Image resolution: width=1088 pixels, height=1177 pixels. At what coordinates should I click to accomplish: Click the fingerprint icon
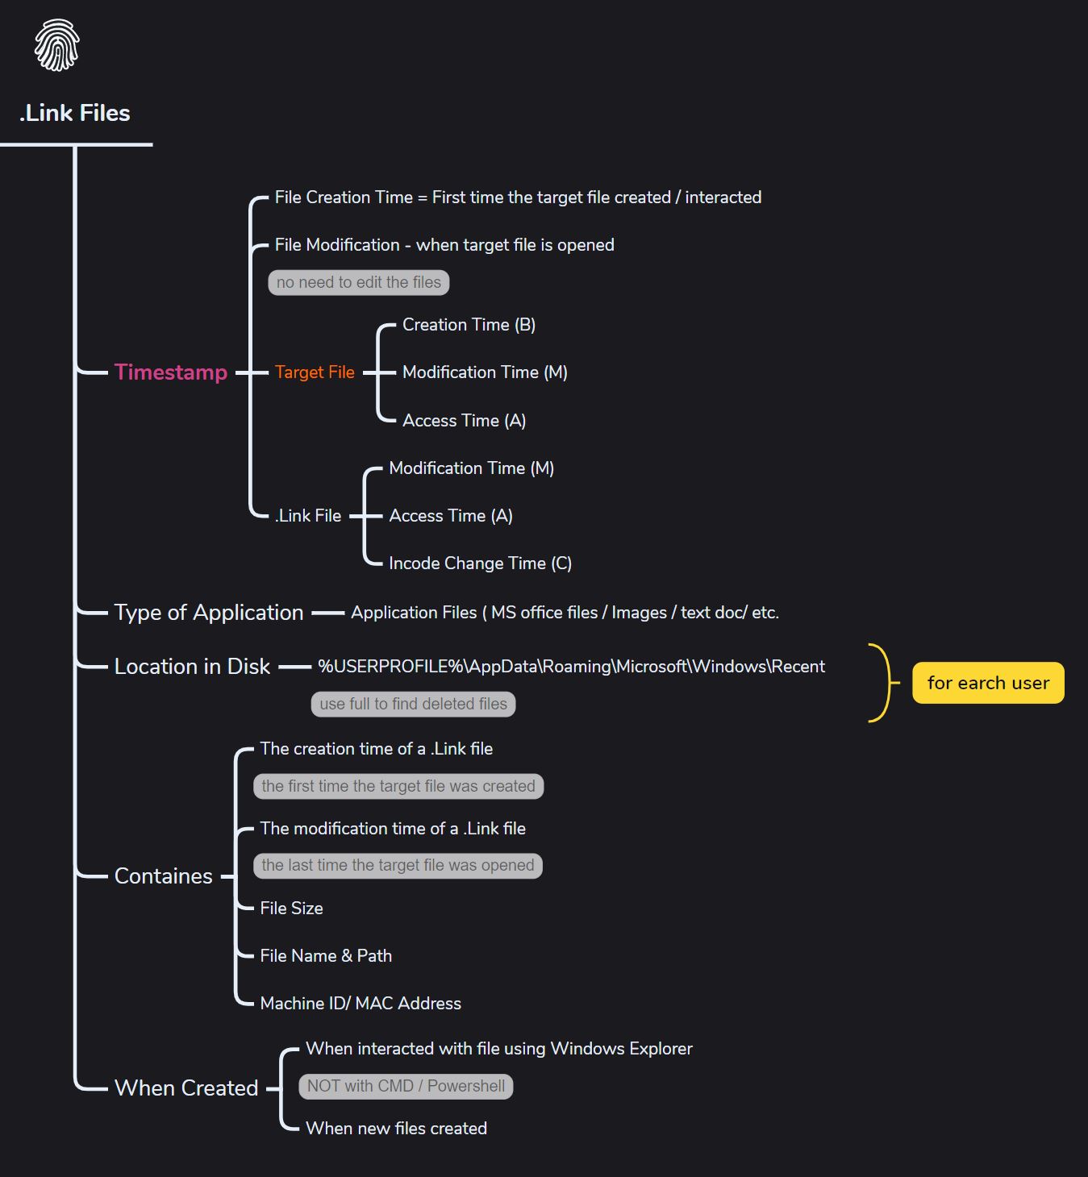click(57, 45)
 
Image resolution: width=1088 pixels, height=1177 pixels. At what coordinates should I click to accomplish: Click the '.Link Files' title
click(75, 113)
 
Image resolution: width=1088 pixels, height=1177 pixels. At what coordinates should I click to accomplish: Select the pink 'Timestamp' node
click(171, 372)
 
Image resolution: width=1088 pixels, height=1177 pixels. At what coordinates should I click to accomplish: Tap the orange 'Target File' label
click(315, 372)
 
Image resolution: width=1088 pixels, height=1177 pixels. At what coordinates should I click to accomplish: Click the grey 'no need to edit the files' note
click(359, 282)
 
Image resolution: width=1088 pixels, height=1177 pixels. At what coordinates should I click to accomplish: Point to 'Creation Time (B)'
click(469, 325)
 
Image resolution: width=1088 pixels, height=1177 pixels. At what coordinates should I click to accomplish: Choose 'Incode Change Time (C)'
click(480, 563)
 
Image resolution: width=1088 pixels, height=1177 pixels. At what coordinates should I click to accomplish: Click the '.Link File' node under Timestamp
click(308, 516)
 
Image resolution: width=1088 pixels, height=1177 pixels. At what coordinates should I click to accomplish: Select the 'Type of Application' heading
click(209, 612)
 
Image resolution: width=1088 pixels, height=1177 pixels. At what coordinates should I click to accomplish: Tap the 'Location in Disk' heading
click(192, 667)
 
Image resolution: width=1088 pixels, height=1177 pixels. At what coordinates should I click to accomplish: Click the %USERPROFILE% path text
click(572, 666)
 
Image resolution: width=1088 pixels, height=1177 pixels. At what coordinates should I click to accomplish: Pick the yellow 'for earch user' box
click(988, 683)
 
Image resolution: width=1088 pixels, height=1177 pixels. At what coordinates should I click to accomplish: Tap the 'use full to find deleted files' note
click(413, 704)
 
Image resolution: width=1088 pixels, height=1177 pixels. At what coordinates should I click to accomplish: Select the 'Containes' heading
click(163, 876)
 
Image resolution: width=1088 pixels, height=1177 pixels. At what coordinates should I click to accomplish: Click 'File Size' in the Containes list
click(292, 908)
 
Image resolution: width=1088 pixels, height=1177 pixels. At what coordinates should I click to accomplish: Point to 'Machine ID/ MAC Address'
click(361, 1003)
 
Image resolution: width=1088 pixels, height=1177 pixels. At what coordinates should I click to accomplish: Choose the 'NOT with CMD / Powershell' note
click(406, 1087)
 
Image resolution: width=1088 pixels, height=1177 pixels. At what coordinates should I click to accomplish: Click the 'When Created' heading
click(186, 1088)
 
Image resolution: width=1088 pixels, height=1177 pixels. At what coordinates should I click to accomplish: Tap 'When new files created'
click(396, 1128)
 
